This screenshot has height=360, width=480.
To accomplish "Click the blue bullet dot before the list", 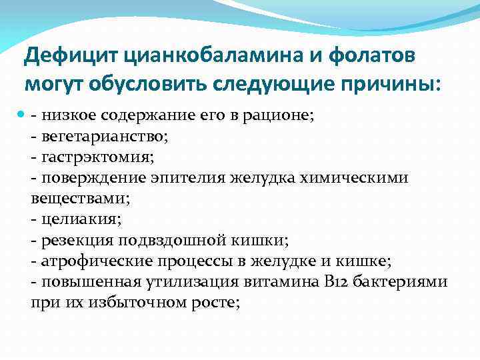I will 21,115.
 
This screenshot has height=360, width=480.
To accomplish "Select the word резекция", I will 76,239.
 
